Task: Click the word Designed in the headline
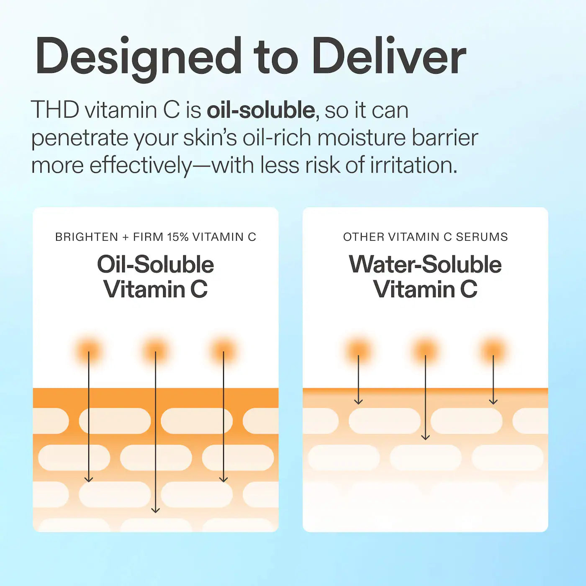pos(138,57)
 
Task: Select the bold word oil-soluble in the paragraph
pos(261,111)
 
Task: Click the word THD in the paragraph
pos(55,111)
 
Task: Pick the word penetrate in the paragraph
pos(80,139)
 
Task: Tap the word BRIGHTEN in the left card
pos(87,237)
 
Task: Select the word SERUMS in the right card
pos(482,237)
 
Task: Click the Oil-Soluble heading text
pos(155,265)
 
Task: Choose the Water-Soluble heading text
pos(425,265)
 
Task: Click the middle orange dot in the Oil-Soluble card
pos(155,351)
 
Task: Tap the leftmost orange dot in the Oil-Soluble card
pos(88,351)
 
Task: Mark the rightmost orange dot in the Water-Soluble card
pos(493,351)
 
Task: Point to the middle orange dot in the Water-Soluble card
pos(425,351)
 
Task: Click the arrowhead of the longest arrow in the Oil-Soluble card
pos(155,510)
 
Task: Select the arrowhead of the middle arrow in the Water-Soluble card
pos(425,437)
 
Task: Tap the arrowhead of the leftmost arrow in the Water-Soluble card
pos(358,402)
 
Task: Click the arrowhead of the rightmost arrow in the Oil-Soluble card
pos(224,480)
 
